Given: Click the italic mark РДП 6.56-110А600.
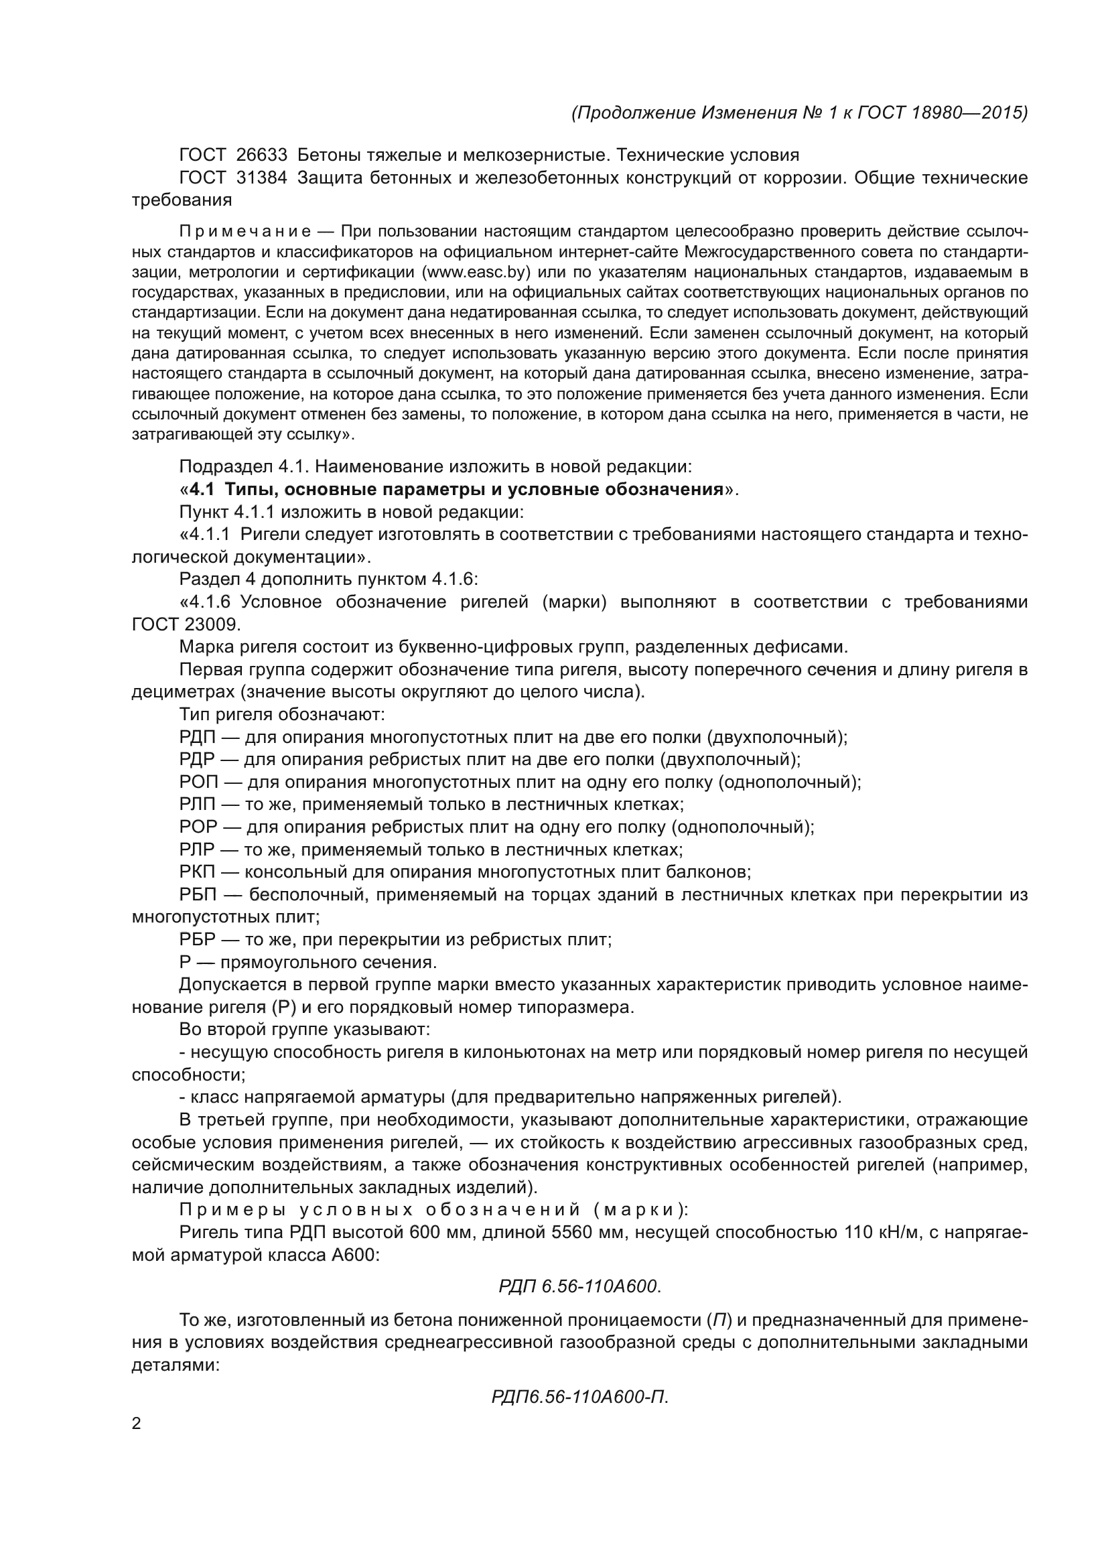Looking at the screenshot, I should pos(580,1286).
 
